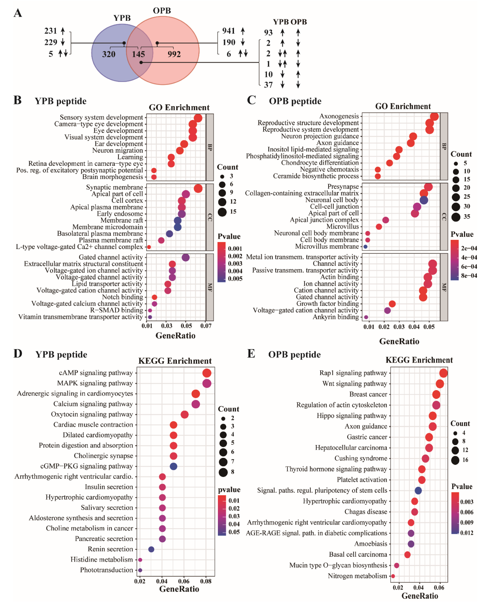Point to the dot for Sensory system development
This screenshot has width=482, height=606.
[x=198, y=118]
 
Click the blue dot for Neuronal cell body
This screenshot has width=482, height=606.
[x=424, y=200]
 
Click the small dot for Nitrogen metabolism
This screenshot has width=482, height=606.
[x=393, y=576]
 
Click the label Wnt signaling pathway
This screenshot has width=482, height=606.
[x=355, y=384]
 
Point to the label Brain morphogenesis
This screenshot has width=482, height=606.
[x=113, y=177]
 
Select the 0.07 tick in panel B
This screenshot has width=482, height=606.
[x=206, y=326]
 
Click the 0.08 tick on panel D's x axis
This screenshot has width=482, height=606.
[x=206, y=581]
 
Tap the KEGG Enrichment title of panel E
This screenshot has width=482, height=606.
[x=419, y=360]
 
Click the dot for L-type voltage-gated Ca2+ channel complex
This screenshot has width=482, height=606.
[x=149, y=247]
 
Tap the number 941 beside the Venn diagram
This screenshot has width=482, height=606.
[x=229, y=31]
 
